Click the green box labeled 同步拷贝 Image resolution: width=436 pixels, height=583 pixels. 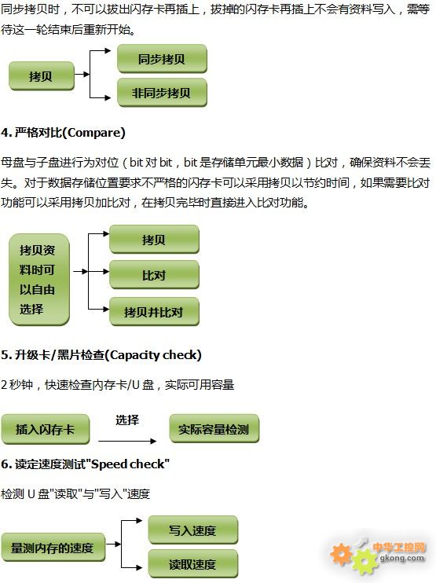(x=162, y=59)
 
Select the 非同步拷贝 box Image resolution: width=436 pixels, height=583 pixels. (x=162, y=93)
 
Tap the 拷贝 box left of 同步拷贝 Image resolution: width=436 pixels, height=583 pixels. (x=42, y=76)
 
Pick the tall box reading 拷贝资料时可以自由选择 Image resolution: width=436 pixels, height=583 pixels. (x=39, y=280)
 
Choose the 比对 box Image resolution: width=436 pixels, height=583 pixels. (x=154, y=275)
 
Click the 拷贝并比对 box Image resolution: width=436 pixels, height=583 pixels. (x=154, y=312)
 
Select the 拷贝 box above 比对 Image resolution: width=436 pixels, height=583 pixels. (x=154, y=240)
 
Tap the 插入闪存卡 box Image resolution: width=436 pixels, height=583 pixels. (x=46, y=430)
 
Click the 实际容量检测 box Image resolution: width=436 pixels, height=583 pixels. (x=214, y=429)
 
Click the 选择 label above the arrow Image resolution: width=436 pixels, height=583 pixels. (x=127, y=420)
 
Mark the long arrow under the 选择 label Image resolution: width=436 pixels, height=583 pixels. (x=127, y=442)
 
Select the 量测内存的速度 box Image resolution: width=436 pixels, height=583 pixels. (x=53, y=548)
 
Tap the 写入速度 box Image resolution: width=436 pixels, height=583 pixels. (x=193, y=530)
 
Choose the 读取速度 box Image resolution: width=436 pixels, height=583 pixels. (x=193, y=564)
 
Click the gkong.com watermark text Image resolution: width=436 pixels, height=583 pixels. (x=401, y=558)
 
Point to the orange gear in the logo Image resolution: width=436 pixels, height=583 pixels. (x=341, y=554)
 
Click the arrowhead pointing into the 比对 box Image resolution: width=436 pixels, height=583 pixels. (x=106, y=272)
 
